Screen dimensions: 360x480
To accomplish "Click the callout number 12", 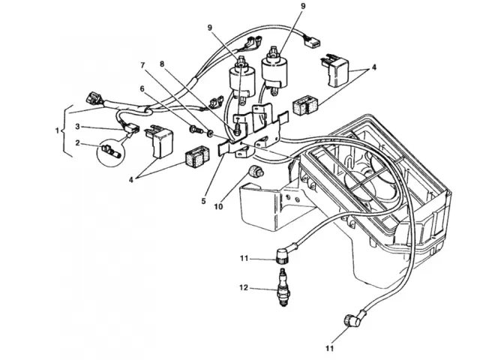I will [242, 287].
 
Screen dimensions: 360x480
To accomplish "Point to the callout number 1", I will [58, 130].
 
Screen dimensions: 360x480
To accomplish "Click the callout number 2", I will [78, 143].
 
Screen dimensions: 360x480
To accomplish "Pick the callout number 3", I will [78, 127].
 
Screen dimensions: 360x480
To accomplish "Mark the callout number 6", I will [140, 88].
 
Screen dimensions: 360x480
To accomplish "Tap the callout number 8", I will [161, 64].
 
